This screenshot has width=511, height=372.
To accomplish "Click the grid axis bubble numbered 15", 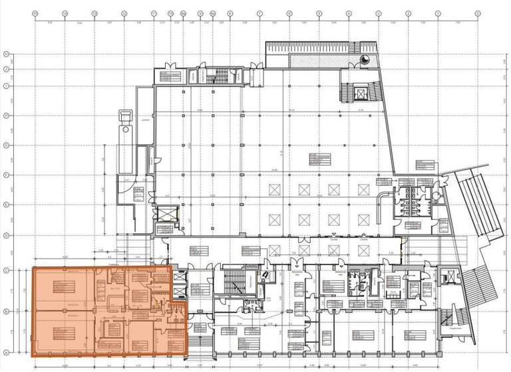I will pyautogui.click(x=34, y=13).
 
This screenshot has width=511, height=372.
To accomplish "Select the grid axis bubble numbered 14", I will pyautogui.click(x=65, y=13).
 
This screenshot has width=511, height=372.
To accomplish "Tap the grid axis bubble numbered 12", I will pyautogui.click(x=124, y=13).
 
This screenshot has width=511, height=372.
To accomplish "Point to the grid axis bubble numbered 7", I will pyautogui.click(x=259, y=13).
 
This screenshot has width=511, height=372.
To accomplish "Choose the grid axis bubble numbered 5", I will pyautogui.click(x=319, y=13).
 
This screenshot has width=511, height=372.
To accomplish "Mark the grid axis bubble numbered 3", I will pyautogui.click(x=379, y=13).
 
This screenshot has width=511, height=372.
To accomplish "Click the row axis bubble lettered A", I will pyautogui.click(x=5, y=353).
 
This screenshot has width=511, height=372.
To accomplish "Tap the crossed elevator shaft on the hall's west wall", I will pyautogui.click(x=164, y=216).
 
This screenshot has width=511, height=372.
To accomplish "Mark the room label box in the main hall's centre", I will pyautogui.click(x=318, y=159).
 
